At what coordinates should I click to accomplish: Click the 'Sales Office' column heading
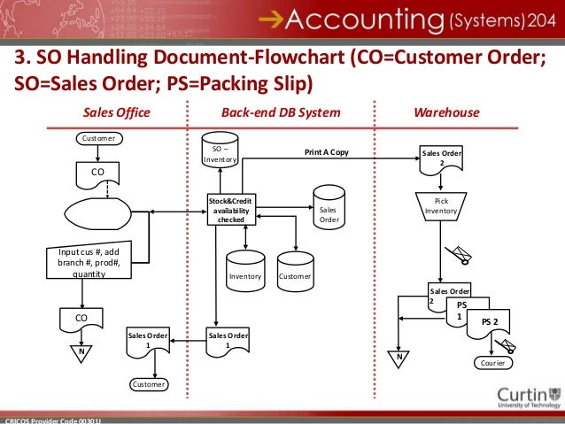click(116, 112)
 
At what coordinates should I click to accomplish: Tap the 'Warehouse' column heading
click(446, 112)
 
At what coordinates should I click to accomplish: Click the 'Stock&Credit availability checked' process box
click(230, 210)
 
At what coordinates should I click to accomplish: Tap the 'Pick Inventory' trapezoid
click(440, 207)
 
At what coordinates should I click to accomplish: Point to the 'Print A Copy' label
click(326, 152)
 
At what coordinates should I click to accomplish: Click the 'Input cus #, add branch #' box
click(88, 263)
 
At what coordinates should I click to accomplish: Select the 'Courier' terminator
click(491, 363)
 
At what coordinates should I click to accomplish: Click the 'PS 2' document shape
click(490, 324)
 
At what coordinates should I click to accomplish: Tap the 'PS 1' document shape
click(459, 312)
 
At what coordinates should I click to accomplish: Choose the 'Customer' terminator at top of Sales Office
click(97, 138)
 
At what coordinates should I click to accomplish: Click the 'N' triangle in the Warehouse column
click(399, 358)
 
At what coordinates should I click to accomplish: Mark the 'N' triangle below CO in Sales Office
click(81, 351)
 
